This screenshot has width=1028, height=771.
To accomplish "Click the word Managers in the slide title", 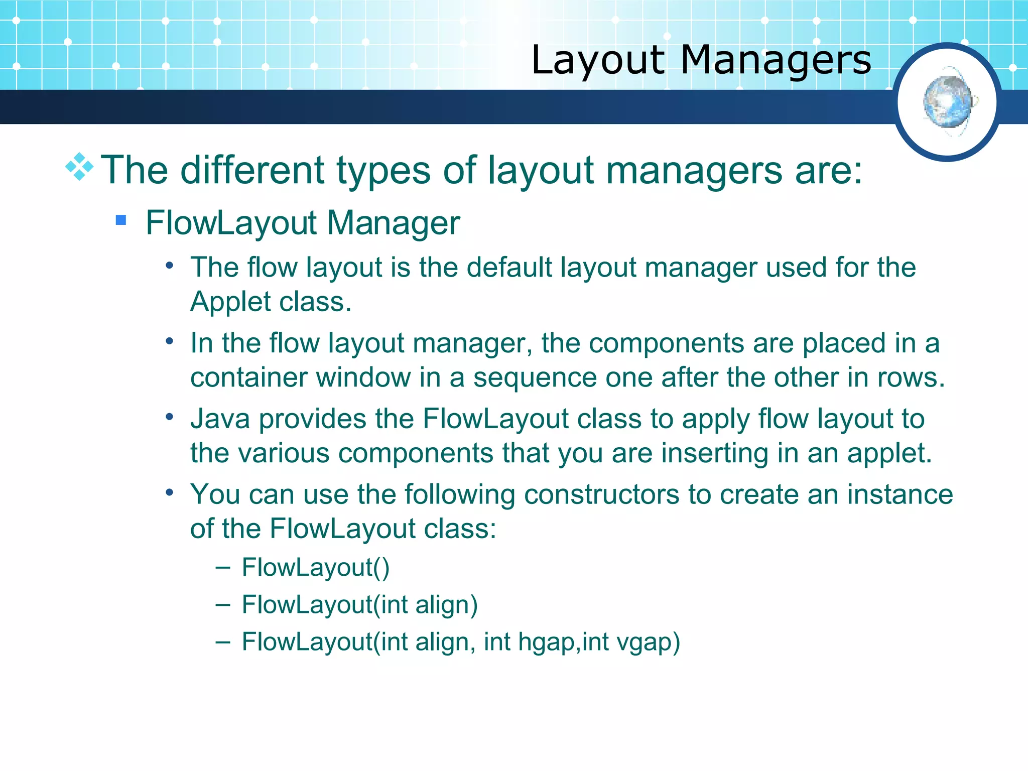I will pos(776,60).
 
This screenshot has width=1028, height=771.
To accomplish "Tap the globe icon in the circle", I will pos(948,102).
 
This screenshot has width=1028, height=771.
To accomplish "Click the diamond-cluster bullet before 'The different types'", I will pos(79,167).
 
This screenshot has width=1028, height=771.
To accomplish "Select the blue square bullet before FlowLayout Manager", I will pos(120,220).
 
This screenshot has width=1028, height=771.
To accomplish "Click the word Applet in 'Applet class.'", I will pos(230,302).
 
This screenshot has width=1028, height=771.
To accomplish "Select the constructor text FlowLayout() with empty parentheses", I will pos(315,568).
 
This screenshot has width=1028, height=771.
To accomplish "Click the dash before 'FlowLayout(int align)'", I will pos(222,604).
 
